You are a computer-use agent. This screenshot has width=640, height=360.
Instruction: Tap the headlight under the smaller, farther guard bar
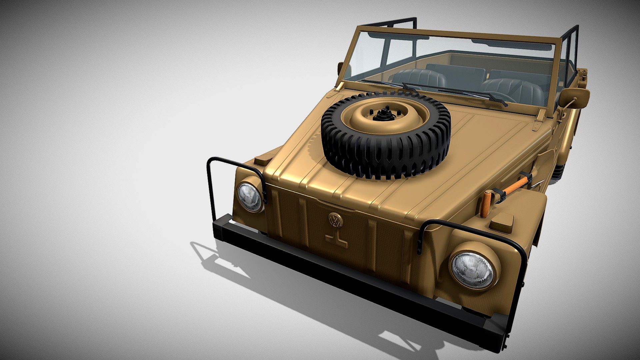click(249, 197)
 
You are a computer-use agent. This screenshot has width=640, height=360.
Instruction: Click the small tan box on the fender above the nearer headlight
click(502, 221)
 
